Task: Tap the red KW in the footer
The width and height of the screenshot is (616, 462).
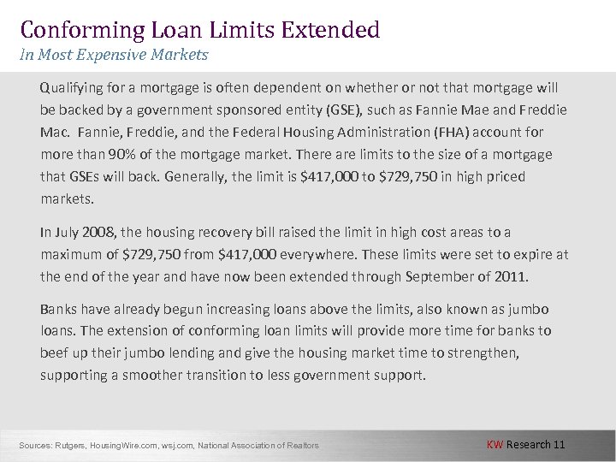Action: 495,444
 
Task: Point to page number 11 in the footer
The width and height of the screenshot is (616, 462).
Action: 559,444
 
